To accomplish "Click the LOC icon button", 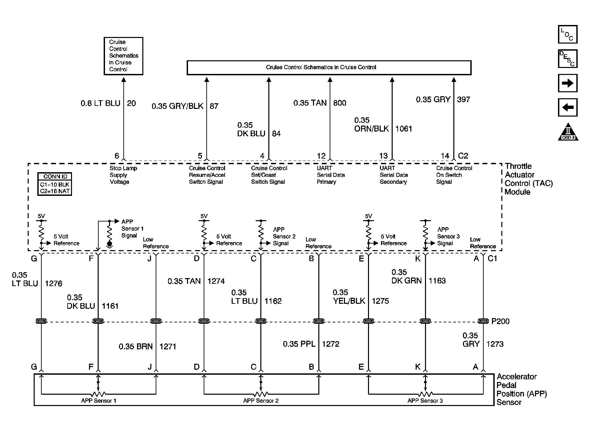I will coord(567,34).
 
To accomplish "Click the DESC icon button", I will coord(567,59).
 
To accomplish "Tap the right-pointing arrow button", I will coord(567,83).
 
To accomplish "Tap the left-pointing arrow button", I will coord(567,108).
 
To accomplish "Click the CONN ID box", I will coord(55,184).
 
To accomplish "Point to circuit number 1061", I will coord(404,129).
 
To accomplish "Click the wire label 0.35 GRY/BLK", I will coord(177,106).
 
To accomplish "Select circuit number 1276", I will coord(53,283).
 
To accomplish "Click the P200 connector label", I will coord(500,321).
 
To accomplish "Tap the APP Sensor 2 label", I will coord(261,401).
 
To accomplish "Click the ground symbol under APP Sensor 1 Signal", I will coord(109,244).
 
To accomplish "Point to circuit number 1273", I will coord(495,344).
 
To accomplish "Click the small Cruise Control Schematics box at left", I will coord(123,56).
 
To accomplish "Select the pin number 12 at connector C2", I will coord(321,156).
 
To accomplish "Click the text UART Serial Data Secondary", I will coord(393,175).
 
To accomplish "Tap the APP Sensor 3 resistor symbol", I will coord(425,394).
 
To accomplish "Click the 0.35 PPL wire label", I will coord(299,344).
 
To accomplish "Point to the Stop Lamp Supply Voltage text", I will coord(123,175).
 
